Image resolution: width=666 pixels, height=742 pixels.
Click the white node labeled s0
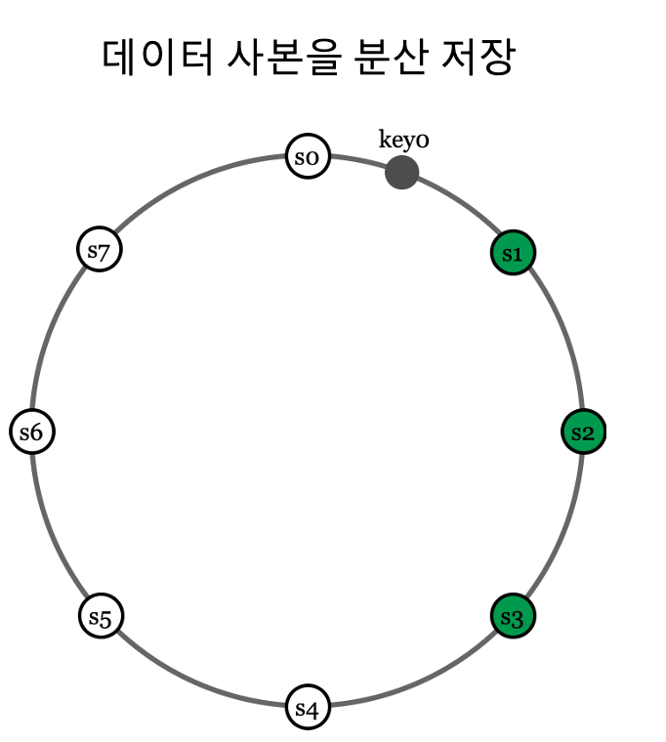(x=308, y=157)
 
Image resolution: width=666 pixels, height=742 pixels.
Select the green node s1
(x=513, y=254)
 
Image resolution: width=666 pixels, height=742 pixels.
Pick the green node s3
(x=513, y=617)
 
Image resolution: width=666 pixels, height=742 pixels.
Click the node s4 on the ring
(x=308, y=708)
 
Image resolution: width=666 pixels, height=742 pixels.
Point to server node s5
(x=101, y=617)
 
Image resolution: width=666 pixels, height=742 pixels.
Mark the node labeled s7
(x=100, y=250)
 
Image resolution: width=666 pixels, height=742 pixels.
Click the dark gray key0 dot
(x=401, y=173)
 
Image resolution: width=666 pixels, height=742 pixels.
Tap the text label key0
(x=403, y=140)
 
